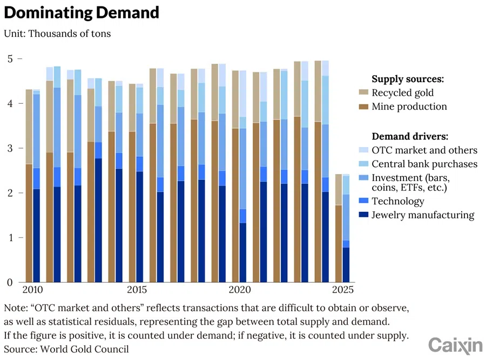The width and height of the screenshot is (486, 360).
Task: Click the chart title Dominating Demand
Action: coord(82,12)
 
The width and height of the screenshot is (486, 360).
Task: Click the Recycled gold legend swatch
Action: coord(363,92)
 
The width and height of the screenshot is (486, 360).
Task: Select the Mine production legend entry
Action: coord(409,106)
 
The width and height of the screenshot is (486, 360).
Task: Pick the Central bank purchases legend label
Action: coord(424,164)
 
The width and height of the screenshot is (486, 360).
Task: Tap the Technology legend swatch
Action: coord(363,201)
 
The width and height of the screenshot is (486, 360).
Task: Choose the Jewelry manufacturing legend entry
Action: coord(423,215)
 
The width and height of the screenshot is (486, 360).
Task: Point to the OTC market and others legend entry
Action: coord(424,150)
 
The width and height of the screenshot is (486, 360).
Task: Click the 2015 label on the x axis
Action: coord(137,290)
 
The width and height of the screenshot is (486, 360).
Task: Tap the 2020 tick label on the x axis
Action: coord(240,290)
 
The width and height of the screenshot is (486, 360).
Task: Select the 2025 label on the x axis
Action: coord(342,290)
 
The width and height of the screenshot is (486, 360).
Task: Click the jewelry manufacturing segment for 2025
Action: coord(346,265)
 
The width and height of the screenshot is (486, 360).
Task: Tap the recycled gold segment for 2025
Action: coord(339,190)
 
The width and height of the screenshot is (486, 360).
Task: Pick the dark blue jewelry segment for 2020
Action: coord(243,252)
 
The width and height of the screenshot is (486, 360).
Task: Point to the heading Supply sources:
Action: coord(408,79)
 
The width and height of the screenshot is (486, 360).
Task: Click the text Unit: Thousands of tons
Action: coord(57,34)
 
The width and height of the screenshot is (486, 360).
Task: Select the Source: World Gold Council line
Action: coord(66,349)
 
